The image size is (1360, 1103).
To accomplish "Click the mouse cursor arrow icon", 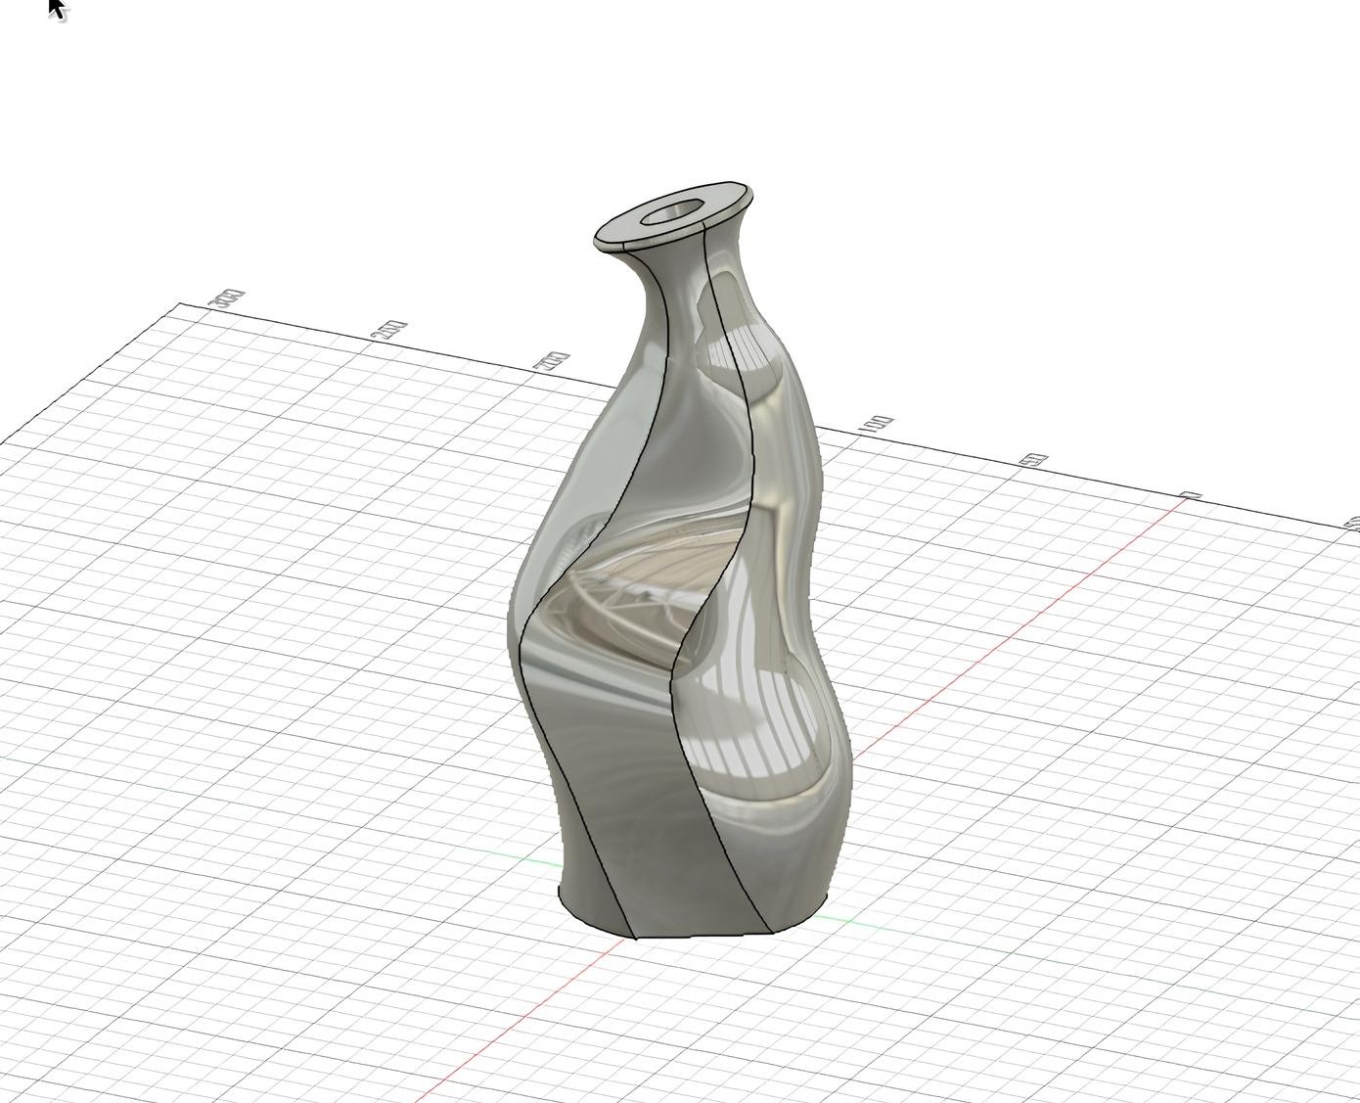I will tap(56, 8).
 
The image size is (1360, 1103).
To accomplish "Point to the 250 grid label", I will tap(390, 330).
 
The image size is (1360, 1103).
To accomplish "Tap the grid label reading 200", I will tap(551, 361).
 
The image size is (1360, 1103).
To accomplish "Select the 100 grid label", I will tap(876, 425).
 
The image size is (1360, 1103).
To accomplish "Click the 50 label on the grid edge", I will tap(1036, 459).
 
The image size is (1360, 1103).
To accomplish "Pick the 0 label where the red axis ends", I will tap(1192, 496).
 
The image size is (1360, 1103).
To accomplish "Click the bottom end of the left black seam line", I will tap(635, 937).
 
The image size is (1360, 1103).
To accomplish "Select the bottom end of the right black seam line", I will tap(768, 931).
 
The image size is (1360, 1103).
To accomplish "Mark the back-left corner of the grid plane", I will tap(179, 304).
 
